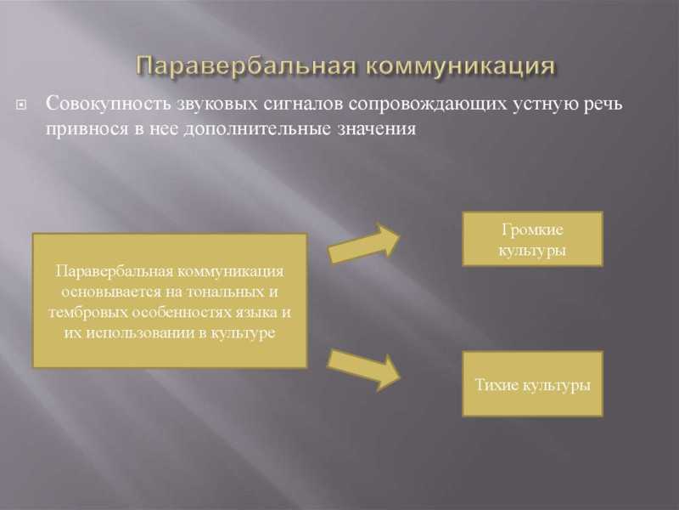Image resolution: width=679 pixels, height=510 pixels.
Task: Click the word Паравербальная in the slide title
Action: pos(247,67)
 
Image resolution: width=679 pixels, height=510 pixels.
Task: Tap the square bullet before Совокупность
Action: pos(20,105)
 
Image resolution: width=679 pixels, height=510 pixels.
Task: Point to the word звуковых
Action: pos(218,104)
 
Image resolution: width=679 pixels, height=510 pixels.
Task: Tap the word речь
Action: pos(603,105)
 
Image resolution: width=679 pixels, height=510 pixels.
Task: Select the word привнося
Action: pos(87,129)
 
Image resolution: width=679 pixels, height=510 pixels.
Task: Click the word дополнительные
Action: pos(257,128)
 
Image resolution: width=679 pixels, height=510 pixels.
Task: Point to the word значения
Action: pos(377,129)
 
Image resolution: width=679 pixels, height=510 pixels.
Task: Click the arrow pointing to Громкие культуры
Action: pos(364,244)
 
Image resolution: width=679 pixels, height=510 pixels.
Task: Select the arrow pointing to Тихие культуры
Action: pos(364,370)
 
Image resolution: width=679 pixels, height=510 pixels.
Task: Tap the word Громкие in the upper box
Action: pos(533,229)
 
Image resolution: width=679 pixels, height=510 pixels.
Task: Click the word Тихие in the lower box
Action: pos(497,385)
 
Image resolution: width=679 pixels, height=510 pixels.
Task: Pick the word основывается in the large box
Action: pos(112,292)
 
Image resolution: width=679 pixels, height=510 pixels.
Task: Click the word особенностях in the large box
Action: pos(182,313)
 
